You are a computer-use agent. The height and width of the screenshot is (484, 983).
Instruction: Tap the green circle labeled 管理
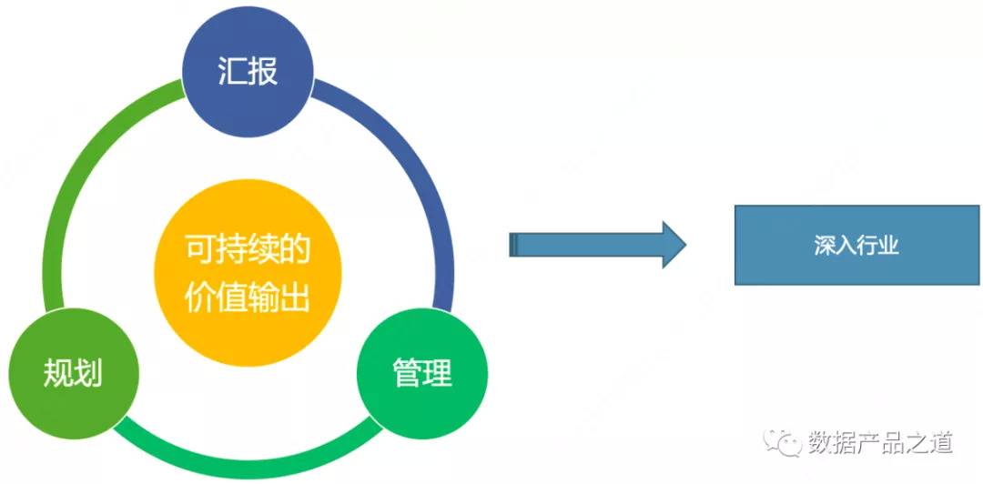pos(422,373)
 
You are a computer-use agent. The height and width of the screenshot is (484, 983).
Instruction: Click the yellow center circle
pos(248,271)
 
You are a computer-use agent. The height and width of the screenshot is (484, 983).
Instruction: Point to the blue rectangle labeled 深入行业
pos(856,245)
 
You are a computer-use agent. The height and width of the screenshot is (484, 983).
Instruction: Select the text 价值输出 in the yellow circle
pos(248,297)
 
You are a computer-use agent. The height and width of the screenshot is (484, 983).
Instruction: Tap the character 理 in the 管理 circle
pos(438,373)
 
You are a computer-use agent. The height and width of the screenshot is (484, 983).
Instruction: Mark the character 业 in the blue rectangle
pos(889,246)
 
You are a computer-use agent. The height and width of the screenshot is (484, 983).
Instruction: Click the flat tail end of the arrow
pos(513,245)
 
